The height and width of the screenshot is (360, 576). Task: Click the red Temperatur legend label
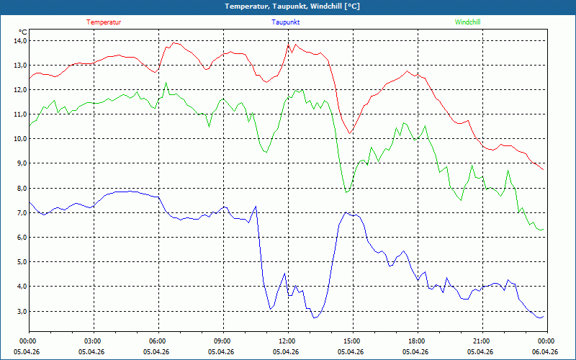tap(104, 22)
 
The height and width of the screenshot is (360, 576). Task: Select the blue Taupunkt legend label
tap(285, 22)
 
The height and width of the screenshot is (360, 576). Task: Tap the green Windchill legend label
tap(467, 22)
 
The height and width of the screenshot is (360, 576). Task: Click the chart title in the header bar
tap(292, 6)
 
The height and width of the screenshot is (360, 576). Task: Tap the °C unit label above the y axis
tap(23, 32)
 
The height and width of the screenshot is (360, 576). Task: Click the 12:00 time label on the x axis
tap(288, 341)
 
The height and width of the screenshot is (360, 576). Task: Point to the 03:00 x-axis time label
tap(94, 341)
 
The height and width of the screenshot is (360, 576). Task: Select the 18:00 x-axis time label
tap(418, 341)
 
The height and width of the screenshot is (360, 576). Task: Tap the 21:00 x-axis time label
tap(482, 341)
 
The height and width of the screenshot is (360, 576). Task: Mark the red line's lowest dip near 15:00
tap(349, 133)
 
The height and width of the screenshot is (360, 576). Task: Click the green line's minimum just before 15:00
tap(346, 192)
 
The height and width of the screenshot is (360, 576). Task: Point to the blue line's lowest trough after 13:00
tap(314, 318)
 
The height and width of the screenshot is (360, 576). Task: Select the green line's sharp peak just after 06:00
tap(166, 83)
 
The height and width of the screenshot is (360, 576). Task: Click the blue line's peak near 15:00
tap(346, 212)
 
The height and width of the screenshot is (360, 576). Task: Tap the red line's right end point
tap(544, 170)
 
